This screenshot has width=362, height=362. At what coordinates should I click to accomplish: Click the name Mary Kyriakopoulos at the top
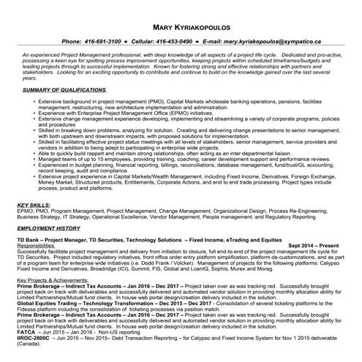181,28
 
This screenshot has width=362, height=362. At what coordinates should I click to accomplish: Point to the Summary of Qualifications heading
64,88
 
